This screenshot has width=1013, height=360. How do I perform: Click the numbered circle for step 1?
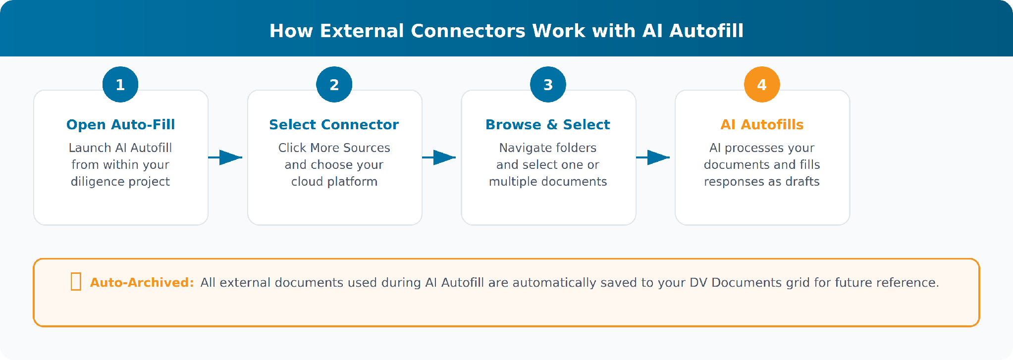[x=120, y=84]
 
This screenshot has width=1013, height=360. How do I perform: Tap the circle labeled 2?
[x=334, y=84]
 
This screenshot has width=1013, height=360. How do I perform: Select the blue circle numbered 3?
[x=548, y=84]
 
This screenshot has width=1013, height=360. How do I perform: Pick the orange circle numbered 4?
[x=762, y=84]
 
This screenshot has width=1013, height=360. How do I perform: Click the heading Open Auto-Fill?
[x=121, y=124]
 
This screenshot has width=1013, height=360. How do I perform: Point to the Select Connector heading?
[x=334, y=124]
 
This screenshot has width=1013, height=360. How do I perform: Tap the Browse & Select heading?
[x=548, y=124]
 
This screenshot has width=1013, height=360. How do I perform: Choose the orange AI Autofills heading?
[x=762, y=124]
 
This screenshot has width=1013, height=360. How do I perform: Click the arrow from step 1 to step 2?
[x=225, y=157]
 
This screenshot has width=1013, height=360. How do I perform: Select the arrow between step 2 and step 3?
[x=439, y=157]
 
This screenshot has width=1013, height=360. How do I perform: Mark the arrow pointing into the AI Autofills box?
[x=653, y=157]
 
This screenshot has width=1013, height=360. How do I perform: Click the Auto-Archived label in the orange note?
[x=142, y=282]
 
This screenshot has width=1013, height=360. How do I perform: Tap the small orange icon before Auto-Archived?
[x=76, y=281]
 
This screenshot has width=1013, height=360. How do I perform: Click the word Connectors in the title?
[x=468, y=31]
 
